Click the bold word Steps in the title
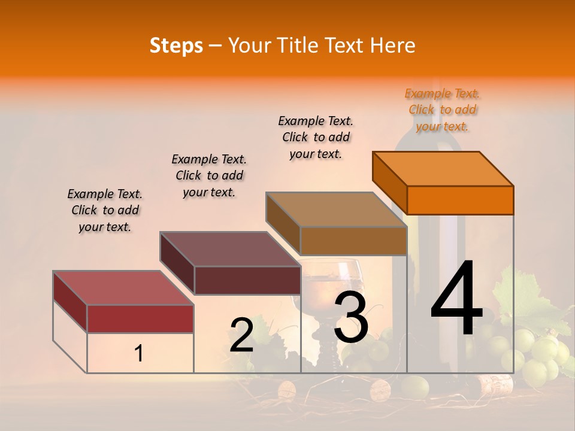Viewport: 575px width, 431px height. (x=176, y=45)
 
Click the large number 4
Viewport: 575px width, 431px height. (x=456, y=299)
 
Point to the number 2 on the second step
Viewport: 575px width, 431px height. (x=241, y=335)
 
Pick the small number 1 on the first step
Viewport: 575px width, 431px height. (x=138, y=354)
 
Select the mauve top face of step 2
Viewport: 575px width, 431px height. (x=230, y=249)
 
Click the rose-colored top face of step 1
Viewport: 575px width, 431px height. (x=123, y=288)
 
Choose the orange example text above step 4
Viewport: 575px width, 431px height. (x=442, y=110)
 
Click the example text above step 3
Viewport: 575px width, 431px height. (x=316, y=137)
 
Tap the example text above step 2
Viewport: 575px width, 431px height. (x=209, y=175)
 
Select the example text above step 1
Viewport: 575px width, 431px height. (x=105, y=210)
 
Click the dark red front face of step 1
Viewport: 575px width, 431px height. (x=140, y=318)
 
